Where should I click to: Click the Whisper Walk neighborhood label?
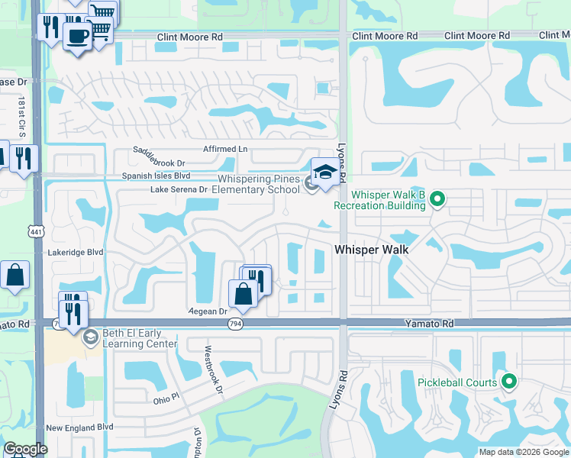click(372, 250)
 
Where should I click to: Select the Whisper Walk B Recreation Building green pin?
click(437, 200)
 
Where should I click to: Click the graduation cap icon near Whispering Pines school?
click(325, 171)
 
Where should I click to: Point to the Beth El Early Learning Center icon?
click(90, 337)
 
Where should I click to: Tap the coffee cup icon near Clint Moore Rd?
click(77, 35)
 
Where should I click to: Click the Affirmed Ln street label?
click(225, 148)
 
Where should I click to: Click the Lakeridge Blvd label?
click(74, 251)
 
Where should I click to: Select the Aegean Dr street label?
click(208, 311)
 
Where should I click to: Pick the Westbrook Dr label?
click(211, 371)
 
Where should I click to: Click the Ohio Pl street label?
click(165, 398)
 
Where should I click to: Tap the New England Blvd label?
click(79, 427)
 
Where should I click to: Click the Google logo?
click(25, 449)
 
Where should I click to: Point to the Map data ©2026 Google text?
click(523, 452)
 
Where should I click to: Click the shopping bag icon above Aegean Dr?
click(243, 293)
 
